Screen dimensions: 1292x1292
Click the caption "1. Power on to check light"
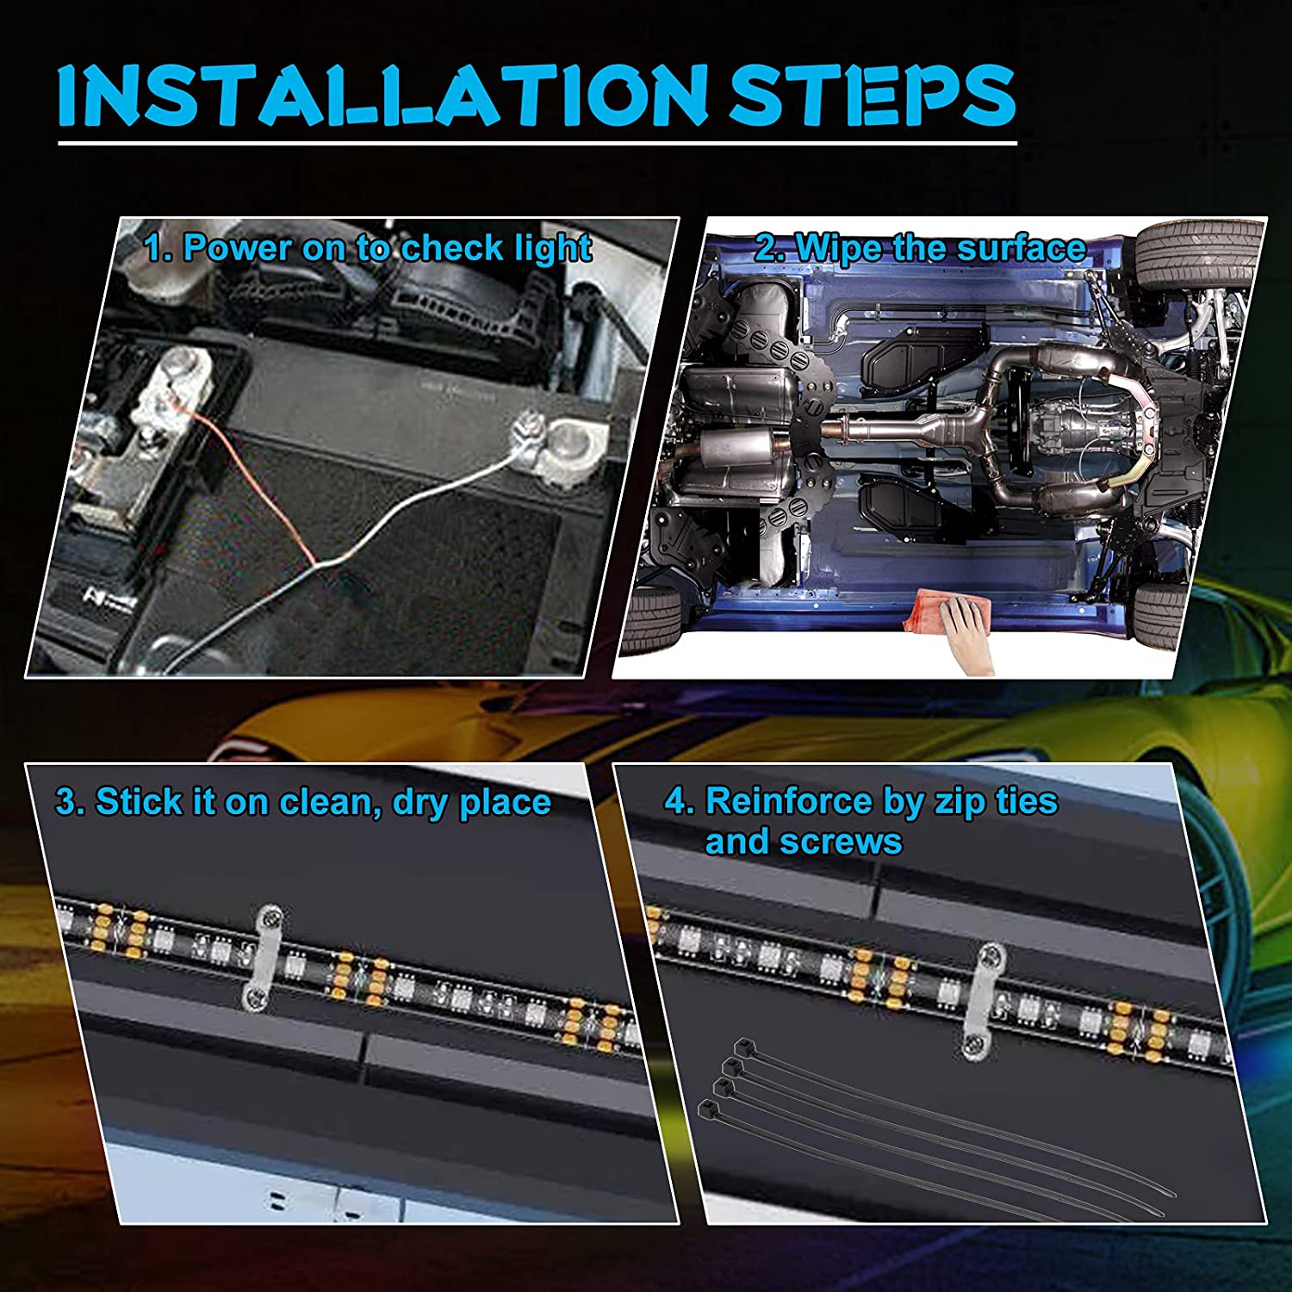368,249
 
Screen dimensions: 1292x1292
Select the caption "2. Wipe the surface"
920,249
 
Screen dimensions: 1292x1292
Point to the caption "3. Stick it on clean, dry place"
303,803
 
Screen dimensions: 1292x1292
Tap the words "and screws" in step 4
804,842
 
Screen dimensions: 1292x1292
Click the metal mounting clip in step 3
261,956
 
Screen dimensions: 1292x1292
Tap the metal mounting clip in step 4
980,999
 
